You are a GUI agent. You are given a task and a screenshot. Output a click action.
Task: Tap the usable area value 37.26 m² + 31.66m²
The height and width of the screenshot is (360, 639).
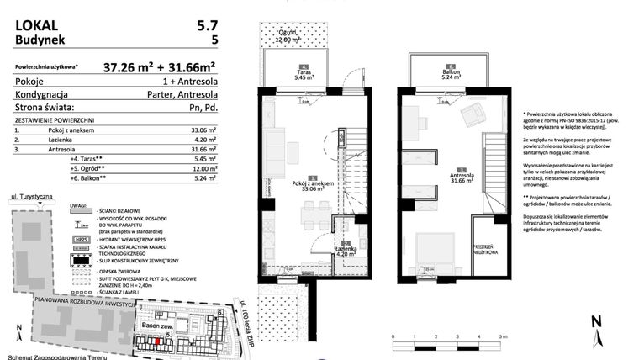click(160, 66)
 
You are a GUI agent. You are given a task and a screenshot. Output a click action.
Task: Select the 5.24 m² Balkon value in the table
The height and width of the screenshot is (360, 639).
click(203, 177)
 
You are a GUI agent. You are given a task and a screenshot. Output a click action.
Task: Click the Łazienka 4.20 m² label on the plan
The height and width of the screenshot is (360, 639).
click(335, 250)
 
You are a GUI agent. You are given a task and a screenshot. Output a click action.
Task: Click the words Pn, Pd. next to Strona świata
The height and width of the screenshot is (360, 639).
click(203, 108)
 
